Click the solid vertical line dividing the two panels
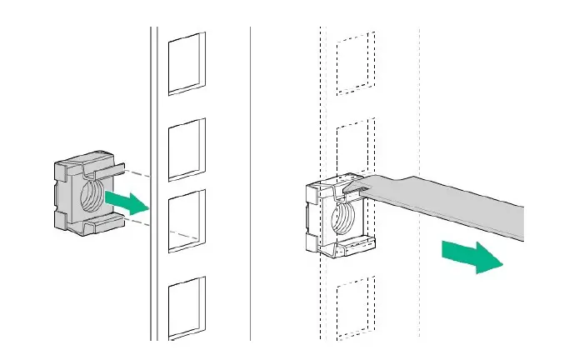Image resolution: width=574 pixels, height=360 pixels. [x=251, y=179]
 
